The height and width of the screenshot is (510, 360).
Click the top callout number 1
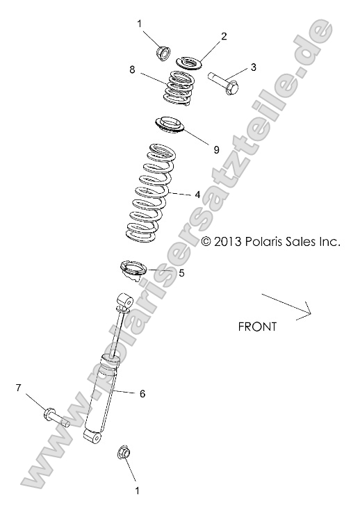(x=139, y=25)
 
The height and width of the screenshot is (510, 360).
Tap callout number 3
(x=254, y=67)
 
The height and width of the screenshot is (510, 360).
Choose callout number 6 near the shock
(x=142, y=394)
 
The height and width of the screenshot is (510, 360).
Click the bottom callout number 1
(x=137, y=491)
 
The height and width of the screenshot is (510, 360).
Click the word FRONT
(x=257, y=326)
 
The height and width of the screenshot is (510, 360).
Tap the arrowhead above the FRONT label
(x=303, y=311)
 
